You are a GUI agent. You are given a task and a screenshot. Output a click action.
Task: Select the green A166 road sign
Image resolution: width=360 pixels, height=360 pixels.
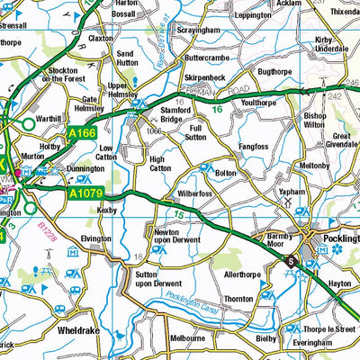[x=81, y=133]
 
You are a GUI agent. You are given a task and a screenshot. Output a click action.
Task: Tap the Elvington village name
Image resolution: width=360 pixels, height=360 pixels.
[x=96, y=238]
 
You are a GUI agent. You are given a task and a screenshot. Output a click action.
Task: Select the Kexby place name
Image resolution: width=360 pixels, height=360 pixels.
[x=108, y=209]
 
